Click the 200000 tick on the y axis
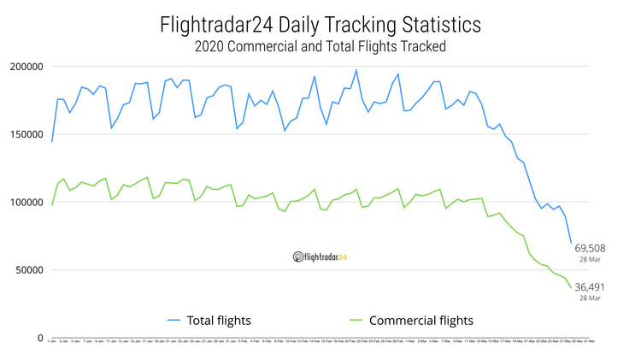[26, 67]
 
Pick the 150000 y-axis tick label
[26, 134]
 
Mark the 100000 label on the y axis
[26, 203]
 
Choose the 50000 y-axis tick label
[29, 270]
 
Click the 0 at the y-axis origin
[39, 338]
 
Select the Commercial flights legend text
[420, 321]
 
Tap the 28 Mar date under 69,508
[591, 258]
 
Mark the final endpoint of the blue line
[571, 243]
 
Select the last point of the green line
[571, 288]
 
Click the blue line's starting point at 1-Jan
[52, 141]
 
